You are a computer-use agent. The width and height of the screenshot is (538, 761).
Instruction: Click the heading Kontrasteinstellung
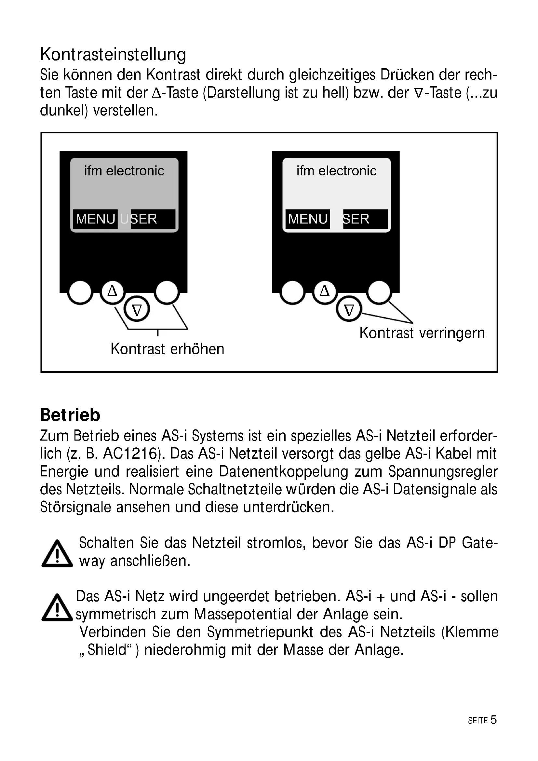point(113,55)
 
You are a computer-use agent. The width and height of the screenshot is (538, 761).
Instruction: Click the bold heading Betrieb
point(70,415)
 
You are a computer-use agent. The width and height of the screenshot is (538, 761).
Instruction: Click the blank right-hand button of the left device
point(167,292)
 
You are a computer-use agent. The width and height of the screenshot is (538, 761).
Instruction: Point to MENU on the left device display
point(95,219)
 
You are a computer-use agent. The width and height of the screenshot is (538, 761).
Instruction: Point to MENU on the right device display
point(308,219)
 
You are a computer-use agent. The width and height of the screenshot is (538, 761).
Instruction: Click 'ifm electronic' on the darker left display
point(124,171)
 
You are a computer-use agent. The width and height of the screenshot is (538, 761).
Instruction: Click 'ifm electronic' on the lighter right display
point(336,171)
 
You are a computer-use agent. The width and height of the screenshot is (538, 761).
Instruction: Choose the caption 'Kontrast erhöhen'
point(167,349)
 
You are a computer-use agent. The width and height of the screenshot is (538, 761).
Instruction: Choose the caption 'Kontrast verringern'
point(422,333)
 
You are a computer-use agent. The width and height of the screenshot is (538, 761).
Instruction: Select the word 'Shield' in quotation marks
point(107,650)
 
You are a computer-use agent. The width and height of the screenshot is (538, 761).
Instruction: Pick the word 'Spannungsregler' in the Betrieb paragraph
point(443,472)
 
